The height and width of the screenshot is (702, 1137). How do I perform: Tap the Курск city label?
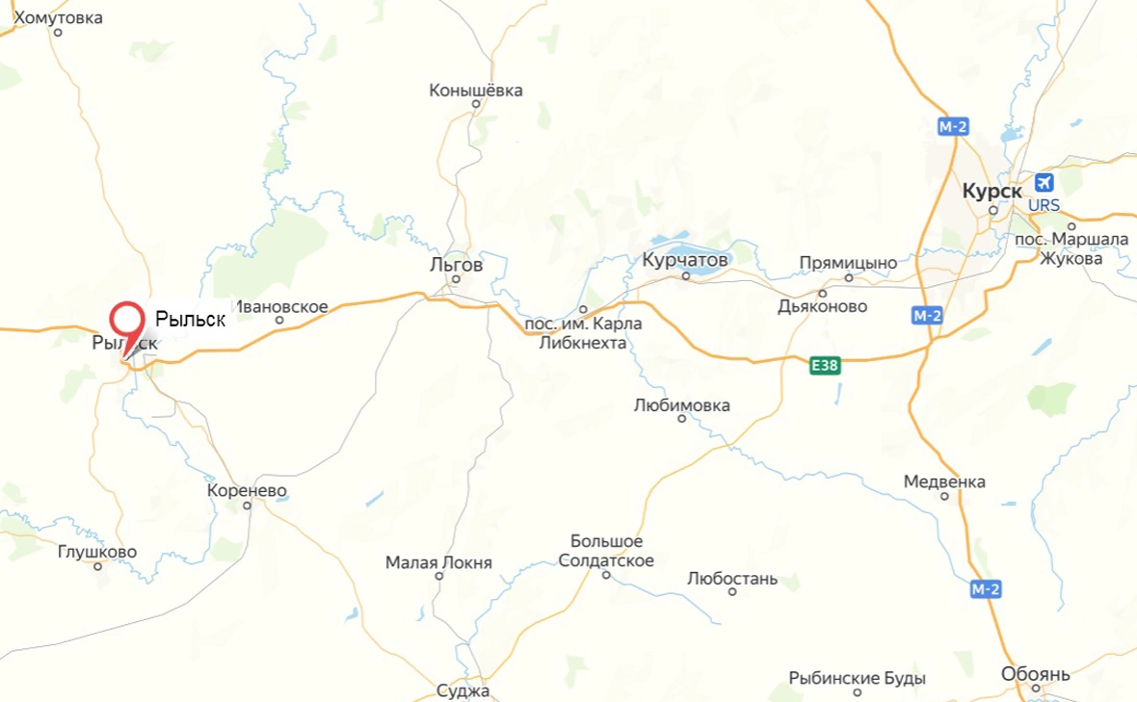pos(992,192)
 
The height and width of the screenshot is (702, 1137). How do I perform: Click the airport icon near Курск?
pos(1044,183)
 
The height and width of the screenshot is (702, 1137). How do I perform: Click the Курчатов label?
pos(686,259)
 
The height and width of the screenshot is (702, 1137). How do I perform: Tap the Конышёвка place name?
pos(476,91)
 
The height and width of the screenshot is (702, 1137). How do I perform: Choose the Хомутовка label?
pos(58,16)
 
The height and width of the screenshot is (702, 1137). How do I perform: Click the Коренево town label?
pos(247,490)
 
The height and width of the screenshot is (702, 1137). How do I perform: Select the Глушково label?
pos(96,552)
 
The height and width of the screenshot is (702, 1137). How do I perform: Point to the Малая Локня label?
pos(438,562)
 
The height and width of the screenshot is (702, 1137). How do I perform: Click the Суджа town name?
pos(463,691)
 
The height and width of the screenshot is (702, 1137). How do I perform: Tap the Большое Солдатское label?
pos(606,551)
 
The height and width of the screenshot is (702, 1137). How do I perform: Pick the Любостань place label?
pos(731,579)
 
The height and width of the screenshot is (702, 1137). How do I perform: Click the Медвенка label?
pos(944,481)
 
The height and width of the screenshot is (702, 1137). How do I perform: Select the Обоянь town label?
pos(1036,673)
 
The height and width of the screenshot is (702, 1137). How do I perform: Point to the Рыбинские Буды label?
pos(857,678)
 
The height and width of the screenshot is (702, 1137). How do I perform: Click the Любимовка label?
pos(681,405)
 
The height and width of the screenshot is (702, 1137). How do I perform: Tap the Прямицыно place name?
pos(848,263)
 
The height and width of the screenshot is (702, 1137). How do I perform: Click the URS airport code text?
pos(1044,206)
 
